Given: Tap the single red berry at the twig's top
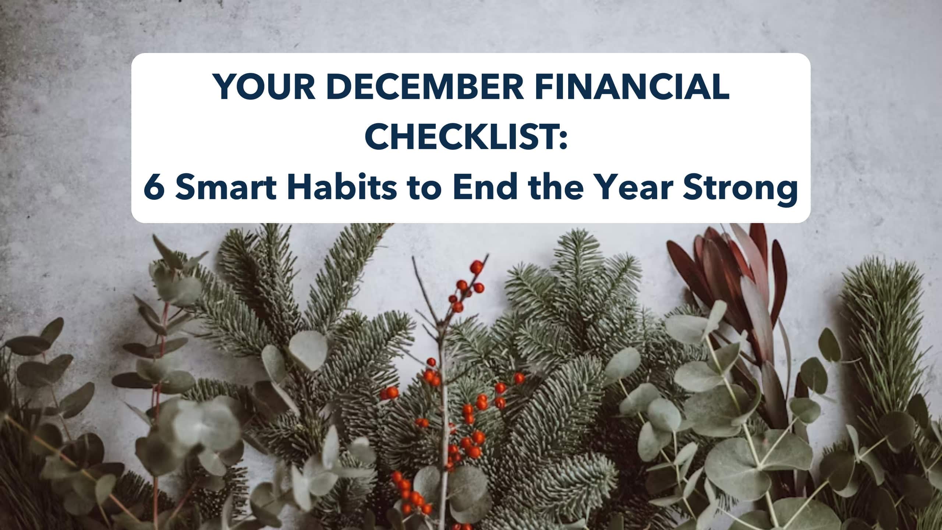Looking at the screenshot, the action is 477,266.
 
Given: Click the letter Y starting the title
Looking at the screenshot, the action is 227,88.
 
